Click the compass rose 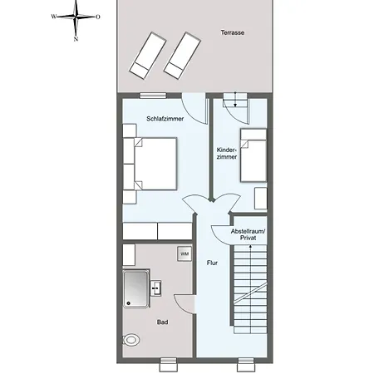(x=76, y=16)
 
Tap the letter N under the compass (x=76, y=37)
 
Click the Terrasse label (x=234, y=32)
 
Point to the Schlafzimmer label (x=165, y=119)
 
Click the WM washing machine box (x=185, y=253)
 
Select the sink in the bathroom (x=156, y=288)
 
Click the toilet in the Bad (x=130, y=340)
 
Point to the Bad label (x=162, y=322)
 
